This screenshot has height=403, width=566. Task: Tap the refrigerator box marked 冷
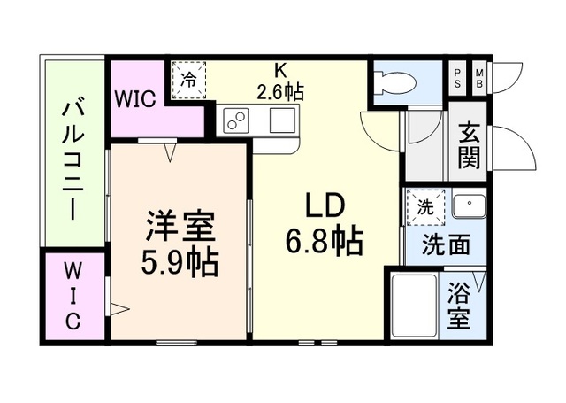tap(188, 80)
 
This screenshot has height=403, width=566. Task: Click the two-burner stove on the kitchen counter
tap(236, 120)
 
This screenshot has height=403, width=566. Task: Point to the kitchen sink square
tap(283, 120)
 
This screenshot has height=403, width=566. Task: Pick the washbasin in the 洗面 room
tap(470, 205)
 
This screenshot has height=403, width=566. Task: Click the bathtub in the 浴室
tap(415, 306)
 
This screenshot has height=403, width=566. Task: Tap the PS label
tap(457, 79)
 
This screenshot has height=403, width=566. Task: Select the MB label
tap(479, 79)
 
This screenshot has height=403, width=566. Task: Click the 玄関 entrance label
tap(469, 145)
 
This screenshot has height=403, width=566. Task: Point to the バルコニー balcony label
tap(73, 160)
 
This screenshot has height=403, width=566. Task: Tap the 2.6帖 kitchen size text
tap(280, 92)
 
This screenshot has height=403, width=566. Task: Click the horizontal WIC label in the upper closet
tap(135, 98)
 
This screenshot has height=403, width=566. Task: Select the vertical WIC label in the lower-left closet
tap(73, 296)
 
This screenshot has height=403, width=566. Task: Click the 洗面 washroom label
tap(447, 244)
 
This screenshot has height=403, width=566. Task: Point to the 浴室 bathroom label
tap(459, 306)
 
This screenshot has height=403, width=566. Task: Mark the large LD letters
tap(325, 205)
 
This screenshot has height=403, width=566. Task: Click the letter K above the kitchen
tap(280, 71)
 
